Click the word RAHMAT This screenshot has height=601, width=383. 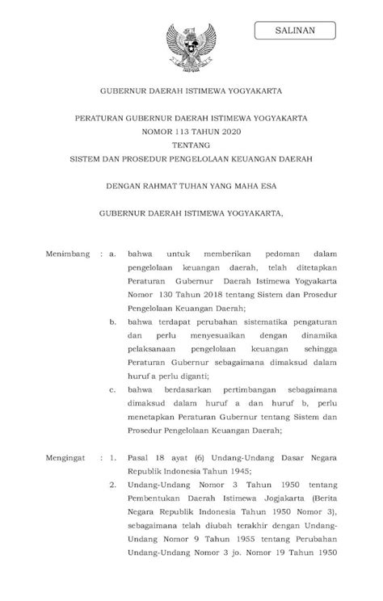pos(163,185)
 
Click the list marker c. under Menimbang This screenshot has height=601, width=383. pos(112,390)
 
